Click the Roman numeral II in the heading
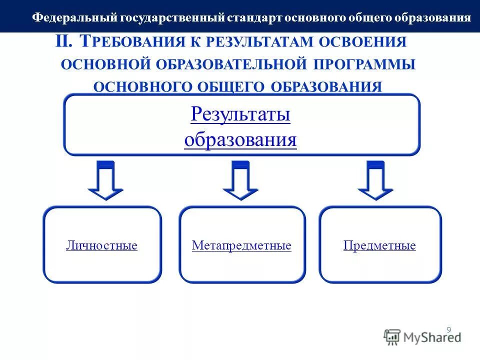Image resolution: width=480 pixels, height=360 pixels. pos(64,41)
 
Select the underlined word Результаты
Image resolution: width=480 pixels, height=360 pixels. pos(240,114)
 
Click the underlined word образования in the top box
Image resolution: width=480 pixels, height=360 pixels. pos(240,139)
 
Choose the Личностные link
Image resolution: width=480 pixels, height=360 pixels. pos(101,246)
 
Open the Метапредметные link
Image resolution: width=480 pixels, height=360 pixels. pos(241,246)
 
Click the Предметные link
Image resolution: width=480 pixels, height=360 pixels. pos(379,246)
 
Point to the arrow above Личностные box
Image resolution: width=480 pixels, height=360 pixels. pos(105,181)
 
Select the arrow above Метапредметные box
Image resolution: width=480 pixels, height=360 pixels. pos(240,181)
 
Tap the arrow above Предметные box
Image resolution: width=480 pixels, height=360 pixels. pos(375,181)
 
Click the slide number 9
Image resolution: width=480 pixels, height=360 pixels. pos(448,329)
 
